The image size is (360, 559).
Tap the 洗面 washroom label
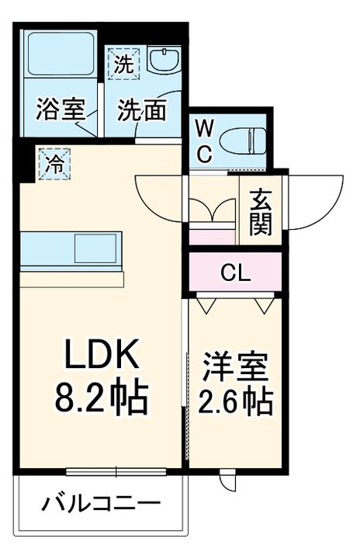(142, 110)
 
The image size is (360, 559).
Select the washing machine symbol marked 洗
(124, 64)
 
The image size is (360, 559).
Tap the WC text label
(203, 140)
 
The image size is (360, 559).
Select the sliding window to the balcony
(116, 470)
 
